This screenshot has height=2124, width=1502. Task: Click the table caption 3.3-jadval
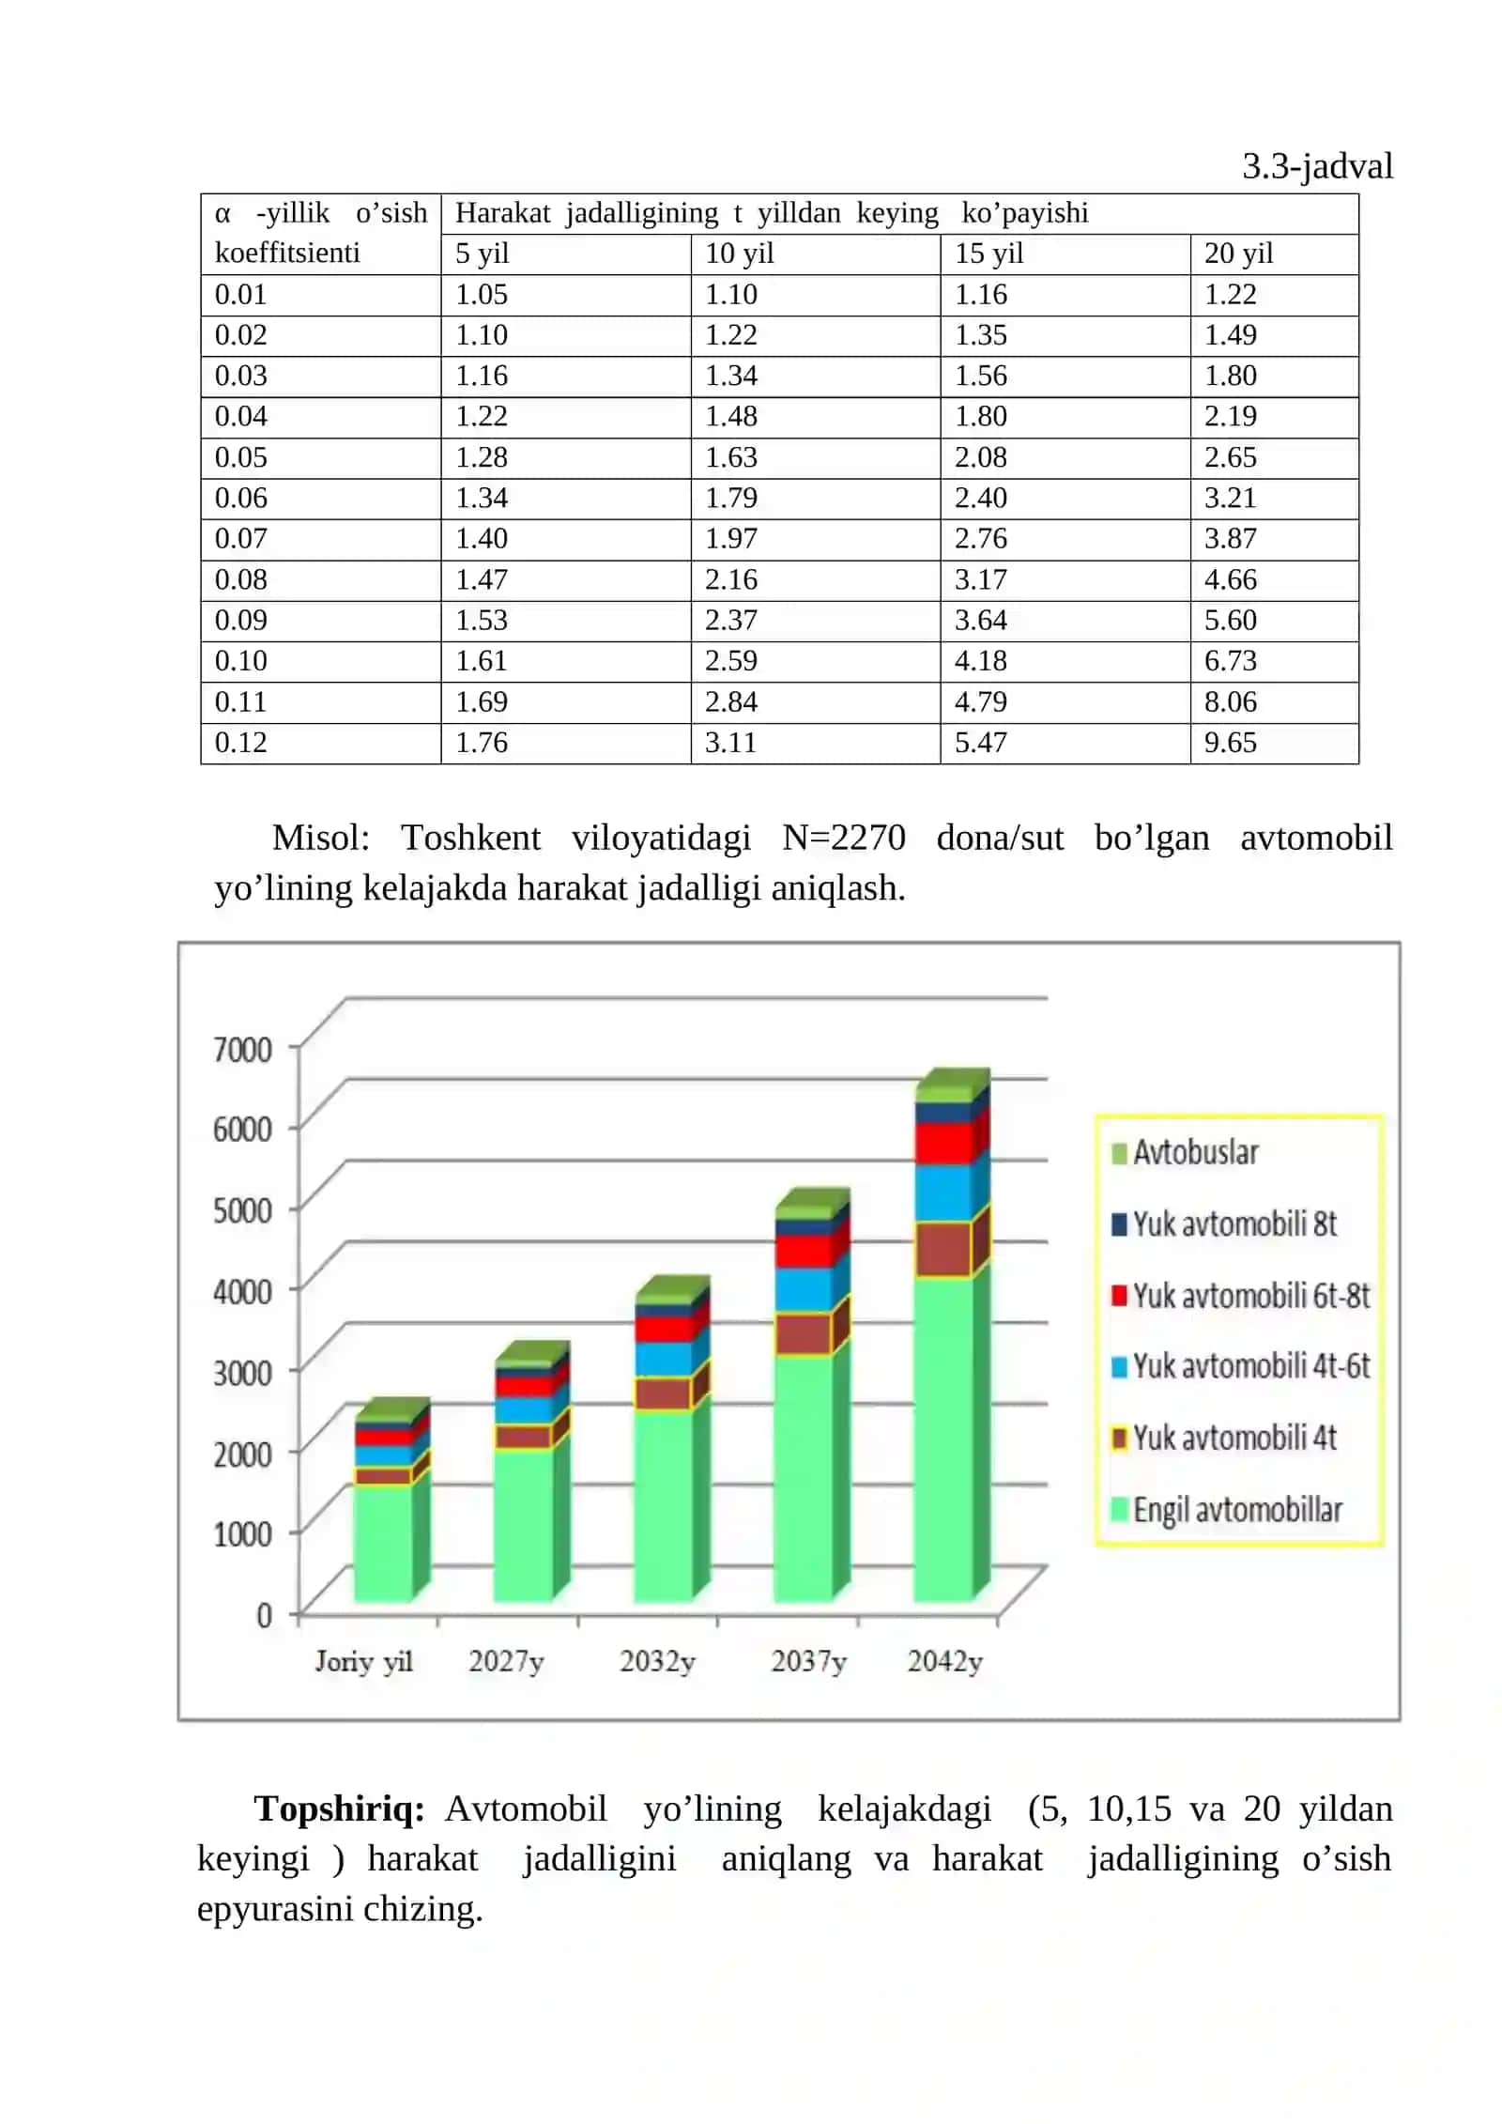(x=1317, y=166)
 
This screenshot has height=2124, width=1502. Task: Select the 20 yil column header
(x=1238, y=253)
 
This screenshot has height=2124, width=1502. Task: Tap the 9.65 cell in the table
(x=1230, y=742)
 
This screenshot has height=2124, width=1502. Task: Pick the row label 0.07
(x=240, y=538)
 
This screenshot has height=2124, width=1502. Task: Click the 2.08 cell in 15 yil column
(x=980, y=457)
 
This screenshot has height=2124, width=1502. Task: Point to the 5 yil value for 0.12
(x=481, y=742)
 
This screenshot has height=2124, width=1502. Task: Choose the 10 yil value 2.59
(x=730, y=660)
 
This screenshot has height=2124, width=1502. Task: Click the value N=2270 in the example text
(x=843, y=837)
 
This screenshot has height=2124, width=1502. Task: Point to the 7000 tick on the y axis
(x=242, y=1049)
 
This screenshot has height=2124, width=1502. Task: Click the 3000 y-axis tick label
(x=242, y=1373)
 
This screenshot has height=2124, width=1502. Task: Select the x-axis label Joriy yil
(x=363, y=1662)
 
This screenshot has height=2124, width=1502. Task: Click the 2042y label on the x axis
(x=944, y=1662)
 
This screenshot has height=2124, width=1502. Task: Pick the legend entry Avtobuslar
(x=1185, y=1152)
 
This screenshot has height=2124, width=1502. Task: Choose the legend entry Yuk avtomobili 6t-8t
(x=1240, y=1296)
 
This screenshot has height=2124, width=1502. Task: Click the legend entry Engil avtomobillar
(x=1226, y=1509)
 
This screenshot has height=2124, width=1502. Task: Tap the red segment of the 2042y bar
(x=943, y=1143)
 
